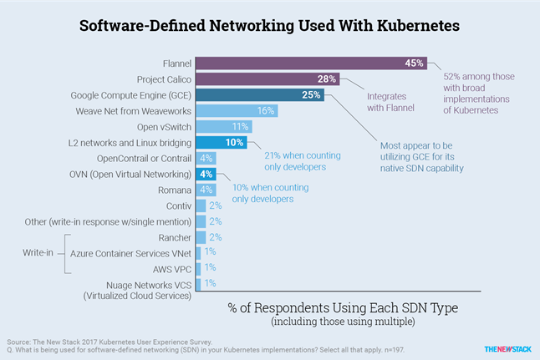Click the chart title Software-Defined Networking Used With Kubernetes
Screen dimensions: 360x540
point(269,25)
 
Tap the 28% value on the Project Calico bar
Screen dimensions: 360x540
point(326,79)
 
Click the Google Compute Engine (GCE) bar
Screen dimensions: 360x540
point(267,95)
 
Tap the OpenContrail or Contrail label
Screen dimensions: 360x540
point(150,159)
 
